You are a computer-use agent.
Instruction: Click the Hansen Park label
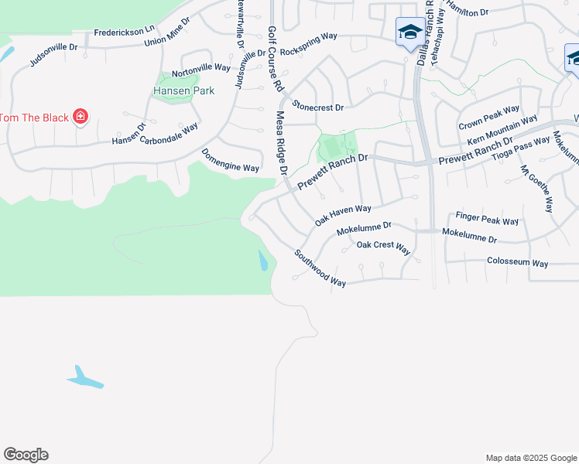[183, 90]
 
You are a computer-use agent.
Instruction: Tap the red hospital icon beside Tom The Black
[80, 117]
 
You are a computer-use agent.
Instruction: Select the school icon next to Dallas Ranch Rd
[409, 32]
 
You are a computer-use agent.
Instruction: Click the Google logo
[26, 455]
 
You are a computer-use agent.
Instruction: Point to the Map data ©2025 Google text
[530, 458]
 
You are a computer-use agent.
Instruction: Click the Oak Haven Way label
[343, 215]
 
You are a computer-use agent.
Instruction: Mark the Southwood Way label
[320, 268]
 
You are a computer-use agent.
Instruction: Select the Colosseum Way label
[517, 263]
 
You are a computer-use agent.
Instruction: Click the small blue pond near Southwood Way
[263, 261]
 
